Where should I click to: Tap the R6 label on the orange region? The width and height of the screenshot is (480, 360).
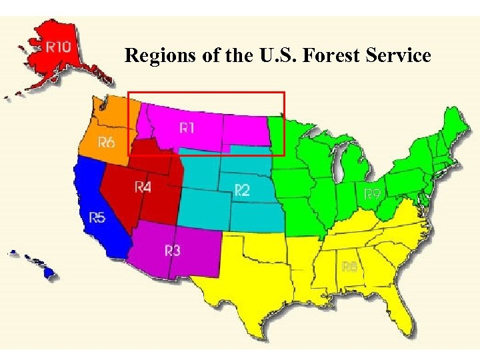click(106, 142)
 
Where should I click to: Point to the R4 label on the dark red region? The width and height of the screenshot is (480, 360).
click(143, 186)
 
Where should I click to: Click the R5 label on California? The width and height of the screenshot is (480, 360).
click(97, 217)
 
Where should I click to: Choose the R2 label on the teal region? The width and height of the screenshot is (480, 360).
click(241, 191)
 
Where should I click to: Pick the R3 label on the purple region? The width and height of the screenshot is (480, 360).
click(172, 251)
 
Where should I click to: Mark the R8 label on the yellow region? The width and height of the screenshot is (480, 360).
click(349, 266)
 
